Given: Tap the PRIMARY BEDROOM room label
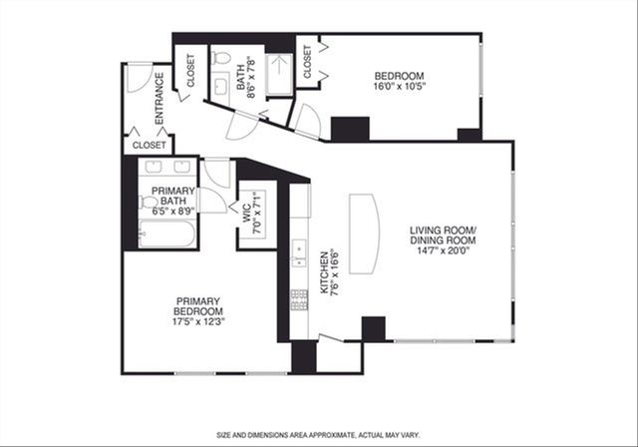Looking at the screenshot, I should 197,309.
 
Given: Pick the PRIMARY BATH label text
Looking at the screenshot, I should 171,200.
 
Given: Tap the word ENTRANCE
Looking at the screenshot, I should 159,106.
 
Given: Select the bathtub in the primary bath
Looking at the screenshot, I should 164,236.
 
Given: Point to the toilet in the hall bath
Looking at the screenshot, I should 222,71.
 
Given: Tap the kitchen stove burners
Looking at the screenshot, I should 296,296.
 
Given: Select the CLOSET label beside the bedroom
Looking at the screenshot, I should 308,62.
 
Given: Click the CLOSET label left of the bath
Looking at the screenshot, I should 190,69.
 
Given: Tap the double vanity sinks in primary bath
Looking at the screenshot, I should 170,167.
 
